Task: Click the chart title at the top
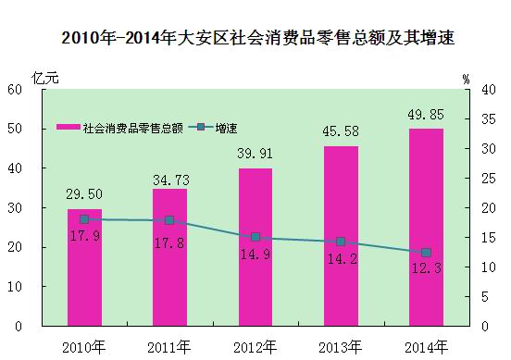[257, 37]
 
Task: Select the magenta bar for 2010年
[84, 267]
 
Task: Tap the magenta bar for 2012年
[255, 247]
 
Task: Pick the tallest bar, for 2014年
[426, 228]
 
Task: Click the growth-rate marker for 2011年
[169, 220]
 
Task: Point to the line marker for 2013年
[341, 242]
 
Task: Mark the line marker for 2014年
[426, 253]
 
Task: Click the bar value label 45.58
[341, 131]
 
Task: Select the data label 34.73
[171, 180]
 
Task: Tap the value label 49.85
[426, 115]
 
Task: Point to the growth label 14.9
[255, 254]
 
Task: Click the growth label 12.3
[427, 268]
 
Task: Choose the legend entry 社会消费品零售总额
[119, 128]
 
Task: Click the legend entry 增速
[213, 128]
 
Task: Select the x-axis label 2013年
[341, 348]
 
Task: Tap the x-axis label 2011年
[168, 348]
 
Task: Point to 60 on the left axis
[15, 90]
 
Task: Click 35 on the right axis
[489, 119]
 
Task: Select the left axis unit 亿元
[45, 78]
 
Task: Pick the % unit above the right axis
[467, 80]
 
